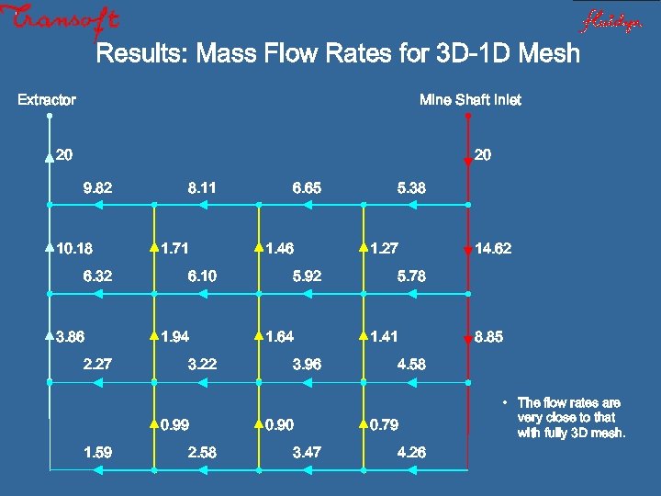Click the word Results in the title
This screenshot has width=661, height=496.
[138, 53]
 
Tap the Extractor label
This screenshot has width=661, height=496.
[47, 99]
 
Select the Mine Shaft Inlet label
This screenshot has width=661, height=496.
[469, 99]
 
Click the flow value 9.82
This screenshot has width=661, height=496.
[97, 188]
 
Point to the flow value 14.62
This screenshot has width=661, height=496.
[493, 248]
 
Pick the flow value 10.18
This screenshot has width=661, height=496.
[74, 248]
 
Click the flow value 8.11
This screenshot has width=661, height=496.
[202, 188]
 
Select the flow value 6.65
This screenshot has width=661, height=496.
[307, 188]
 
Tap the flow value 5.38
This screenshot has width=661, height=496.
[411, 188]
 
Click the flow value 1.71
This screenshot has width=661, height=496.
[174, 248]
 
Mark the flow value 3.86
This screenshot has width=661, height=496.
[71, 337]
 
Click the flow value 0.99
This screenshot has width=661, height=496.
[174, 425]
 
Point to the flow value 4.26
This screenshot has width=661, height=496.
[411, 452]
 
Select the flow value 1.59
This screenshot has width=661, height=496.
[97, 452]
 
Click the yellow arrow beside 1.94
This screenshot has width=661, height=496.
[153, 337]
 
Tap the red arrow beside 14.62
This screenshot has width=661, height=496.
[468, 249]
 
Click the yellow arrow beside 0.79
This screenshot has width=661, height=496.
[363, 425]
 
